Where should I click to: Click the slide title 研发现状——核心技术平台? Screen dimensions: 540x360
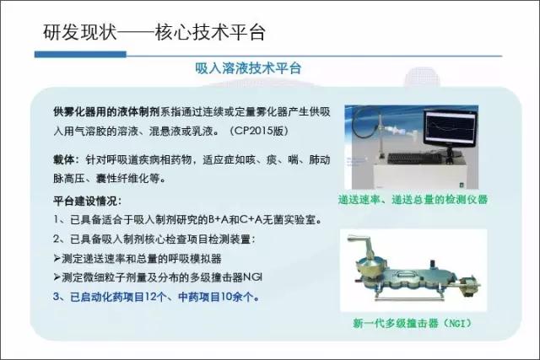(x=154, y=32)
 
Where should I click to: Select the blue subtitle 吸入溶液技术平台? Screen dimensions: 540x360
(x=248, y=68)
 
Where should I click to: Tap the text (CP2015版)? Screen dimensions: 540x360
(x=259, y=131)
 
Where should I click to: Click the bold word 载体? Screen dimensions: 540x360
(x=64, y=159)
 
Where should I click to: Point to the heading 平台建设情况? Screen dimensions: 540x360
(x=85, y=201)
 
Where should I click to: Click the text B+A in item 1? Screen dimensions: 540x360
(x=219, y=219)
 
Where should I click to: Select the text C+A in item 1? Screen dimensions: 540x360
(x=251, y=219)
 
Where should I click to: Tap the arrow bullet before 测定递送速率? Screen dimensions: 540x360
(x=57, y=258)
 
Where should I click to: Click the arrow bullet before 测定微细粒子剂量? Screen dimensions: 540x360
(x=57, y=277)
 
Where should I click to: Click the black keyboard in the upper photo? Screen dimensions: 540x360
(x=414, y=159)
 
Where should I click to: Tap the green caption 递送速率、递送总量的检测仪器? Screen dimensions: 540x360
(x=413, y=200)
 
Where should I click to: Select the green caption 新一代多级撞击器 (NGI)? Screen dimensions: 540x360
(x=413, y=323)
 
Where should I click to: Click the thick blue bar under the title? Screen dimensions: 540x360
(x=81, y=54)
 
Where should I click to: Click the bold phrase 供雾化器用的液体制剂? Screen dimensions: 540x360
(x=106, y=112)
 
